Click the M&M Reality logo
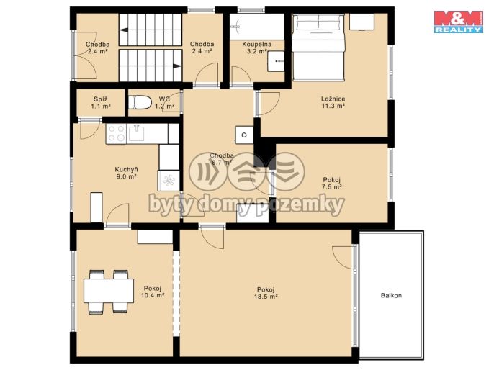click(x=459, y=22)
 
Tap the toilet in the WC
click(x=140, y=103)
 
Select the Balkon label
click(x=391, y=295)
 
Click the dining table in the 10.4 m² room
click(x=109, y=291)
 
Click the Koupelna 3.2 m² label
click(x=257, y=48)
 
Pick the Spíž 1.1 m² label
click(x=101, y=103)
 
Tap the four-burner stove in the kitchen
click(x=116, y=134)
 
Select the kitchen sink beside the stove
click(x=136, y=133)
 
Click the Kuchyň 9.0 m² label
click(x=126, y=173)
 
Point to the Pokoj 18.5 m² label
click(x=266, y=293)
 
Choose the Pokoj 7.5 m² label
click(x=332, y=184)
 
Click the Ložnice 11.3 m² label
click(x=333, y=102)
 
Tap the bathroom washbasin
click(x=276, y=61)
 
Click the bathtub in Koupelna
click(x=257, y=27)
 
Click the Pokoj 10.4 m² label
click(x=153, y=292)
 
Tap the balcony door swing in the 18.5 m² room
click(x=343, y=257)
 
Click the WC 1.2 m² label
click(x=164, y=103)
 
